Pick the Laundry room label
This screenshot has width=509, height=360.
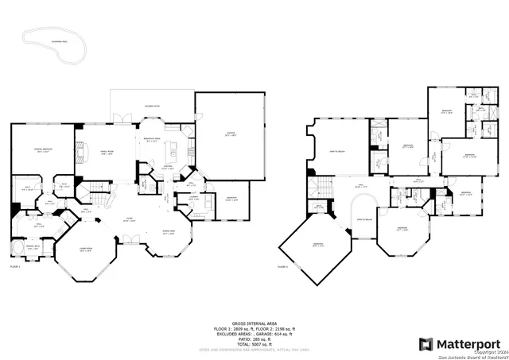click(193, 199)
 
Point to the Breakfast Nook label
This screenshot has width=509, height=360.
click(153, 140)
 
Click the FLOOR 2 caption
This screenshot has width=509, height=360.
click(284, 267)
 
